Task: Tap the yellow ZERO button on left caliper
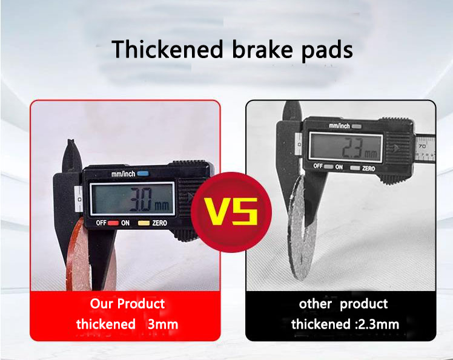tap(144, 223)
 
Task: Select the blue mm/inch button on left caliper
tap(142, 174)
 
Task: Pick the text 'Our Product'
tap(127, 303)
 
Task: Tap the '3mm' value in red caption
tap(163, 324)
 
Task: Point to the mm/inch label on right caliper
tap(339, 126)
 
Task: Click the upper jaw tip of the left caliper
tap(70, 145)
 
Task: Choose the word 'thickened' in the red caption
tap(106, 324)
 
